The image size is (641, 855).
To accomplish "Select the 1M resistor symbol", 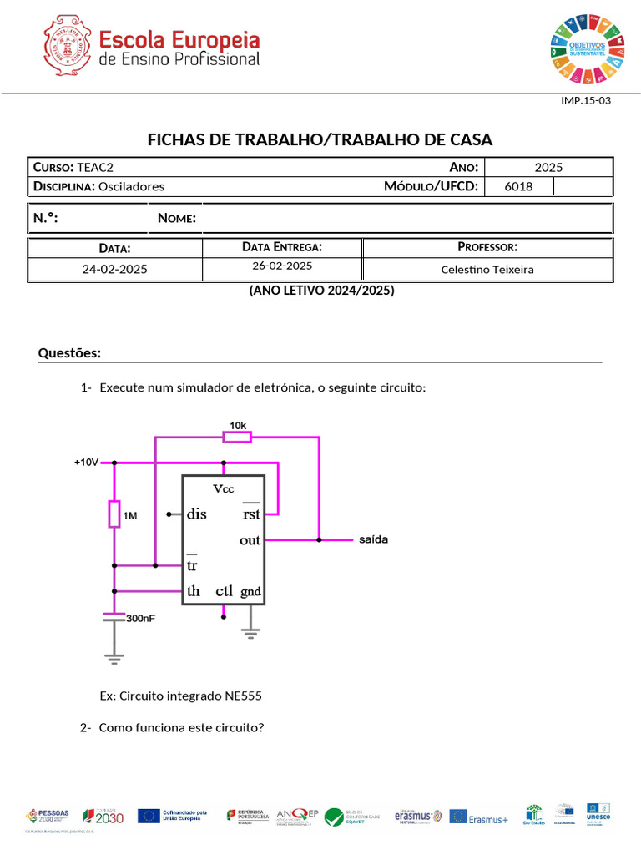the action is coord(114,514).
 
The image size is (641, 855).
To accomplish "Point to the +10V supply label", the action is coord(86,462).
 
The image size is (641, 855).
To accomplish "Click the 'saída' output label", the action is coord(373,539).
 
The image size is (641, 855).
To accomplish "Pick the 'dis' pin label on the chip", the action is coord(197,514).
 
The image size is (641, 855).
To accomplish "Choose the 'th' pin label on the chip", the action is coord(194,591).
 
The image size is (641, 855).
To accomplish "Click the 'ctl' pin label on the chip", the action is coord(224,591).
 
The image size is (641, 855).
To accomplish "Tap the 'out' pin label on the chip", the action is coord(250,540).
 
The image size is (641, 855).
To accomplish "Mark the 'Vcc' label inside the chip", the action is coord(223,488).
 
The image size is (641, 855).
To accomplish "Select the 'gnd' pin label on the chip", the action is coord(250,592).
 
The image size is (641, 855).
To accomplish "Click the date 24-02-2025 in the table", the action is coord(114,270).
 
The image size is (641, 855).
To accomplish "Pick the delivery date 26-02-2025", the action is coord(282,266).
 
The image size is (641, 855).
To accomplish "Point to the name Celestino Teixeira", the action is coord(487,270).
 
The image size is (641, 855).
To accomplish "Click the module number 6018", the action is coord(518,186).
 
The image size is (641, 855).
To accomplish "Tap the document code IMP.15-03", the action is coord(586,100).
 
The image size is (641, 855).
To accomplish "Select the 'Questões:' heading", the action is coord(69,353).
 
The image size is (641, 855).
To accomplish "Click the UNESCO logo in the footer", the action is coord(598,814).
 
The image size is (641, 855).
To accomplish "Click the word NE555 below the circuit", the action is coord(250,696).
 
